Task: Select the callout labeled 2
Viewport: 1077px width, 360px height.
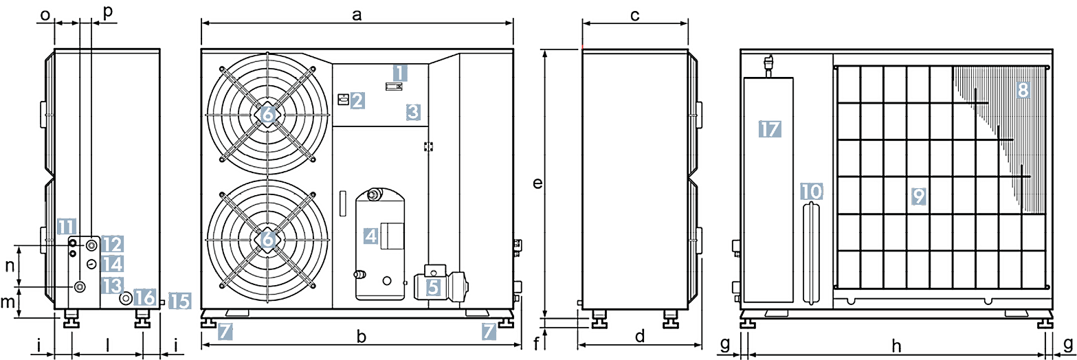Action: coord(356,101)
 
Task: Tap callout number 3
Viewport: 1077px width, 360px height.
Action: coord(412,111)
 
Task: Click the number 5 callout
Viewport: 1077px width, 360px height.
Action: coord(433,287)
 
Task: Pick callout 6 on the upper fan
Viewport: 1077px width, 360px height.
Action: coord(267,115)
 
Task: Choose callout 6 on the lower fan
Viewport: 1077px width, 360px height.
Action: coord(267,240)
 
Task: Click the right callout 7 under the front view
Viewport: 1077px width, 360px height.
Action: coord(488,333)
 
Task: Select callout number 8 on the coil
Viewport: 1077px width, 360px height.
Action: coord(1023,90)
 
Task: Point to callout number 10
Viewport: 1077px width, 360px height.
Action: coord(811,190)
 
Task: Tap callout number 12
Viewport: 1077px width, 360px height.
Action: coord(113,243)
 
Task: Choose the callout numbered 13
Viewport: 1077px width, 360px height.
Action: coord(113,284)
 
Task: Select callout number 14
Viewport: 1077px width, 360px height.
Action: coord(113,263)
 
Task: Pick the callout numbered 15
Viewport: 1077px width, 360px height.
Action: coord(179,300)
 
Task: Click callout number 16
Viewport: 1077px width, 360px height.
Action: coord(145,297)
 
